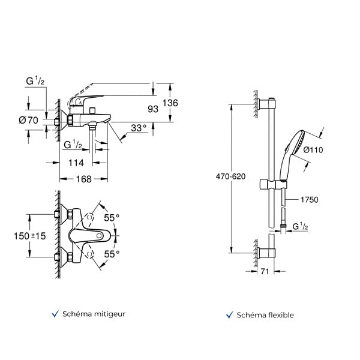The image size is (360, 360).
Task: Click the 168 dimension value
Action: [x=84, y=179]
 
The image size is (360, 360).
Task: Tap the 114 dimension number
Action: [x=76, y=163]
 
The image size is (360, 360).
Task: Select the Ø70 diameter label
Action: [x=28, y=121]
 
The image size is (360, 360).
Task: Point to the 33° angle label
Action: [x=139, y=128]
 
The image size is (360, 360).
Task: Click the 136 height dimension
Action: [x=170, y=103]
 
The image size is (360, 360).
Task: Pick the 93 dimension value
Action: [x=153, y=109]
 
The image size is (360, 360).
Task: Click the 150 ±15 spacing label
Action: [x=30, y=236]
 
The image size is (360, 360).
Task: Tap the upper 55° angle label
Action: [x=112, y=218]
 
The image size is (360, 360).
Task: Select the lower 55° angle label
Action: [x=112, y=254]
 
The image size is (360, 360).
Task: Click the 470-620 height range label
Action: [x=231, y=176]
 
